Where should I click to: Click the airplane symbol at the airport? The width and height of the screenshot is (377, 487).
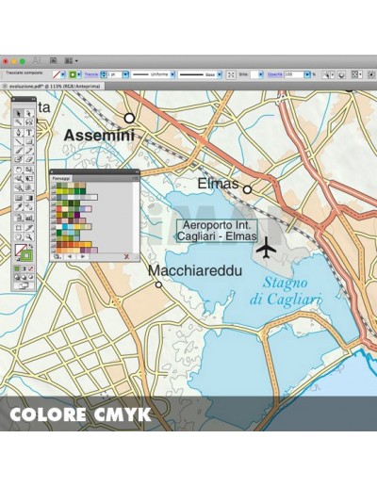[x=267, y=248]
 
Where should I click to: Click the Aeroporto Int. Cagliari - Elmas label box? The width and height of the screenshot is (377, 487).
[x=216, y=232]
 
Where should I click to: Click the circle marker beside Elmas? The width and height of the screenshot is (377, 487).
[x=248, y=189]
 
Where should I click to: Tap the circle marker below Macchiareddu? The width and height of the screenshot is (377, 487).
[x=158, y=284]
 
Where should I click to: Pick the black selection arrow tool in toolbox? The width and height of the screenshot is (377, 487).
[x=19, y=113]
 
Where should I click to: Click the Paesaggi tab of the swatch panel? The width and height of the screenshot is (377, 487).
[x=61, y=177]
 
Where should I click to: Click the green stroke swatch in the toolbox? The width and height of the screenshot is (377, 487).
[x=26, y=255]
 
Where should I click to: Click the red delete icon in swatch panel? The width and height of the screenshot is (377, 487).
[x=125, y=255]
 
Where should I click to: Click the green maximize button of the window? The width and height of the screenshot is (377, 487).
[x=27, y=60]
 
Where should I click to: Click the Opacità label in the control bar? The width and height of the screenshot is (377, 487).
[x=273, y=73]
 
